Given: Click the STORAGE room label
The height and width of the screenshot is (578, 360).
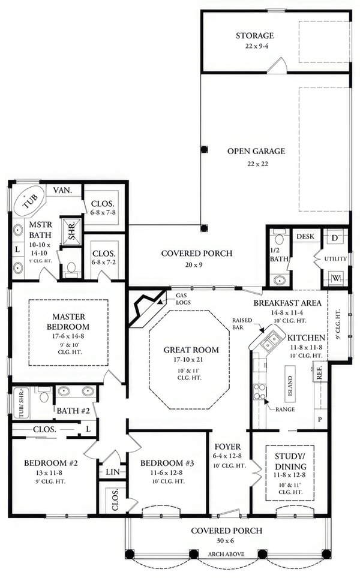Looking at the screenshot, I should pos(254,37).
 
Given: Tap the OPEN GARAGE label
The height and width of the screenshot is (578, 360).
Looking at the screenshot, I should pos(256,151).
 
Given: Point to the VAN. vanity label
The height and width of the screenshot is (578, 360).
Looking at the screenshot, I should pos(62,190).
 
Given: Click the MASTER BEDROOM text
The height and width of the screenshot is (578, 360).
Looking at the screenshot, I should pos(70,321).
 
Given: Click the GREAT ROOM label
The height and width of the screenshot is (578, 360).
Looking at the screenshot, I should pos(191,350).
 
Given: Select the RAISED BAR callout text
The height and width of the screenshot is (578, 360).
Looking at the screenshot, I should pos(242,324).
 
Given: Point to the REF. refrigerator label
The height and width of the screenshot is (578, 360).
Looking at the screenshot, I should pos(319,373).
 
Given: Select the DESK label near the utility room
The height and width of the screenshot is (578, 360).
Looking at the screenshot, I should pos(305,237).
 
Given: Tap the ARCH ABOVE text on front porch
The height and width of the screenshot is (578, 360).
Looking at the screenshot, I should pos(226,553).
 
